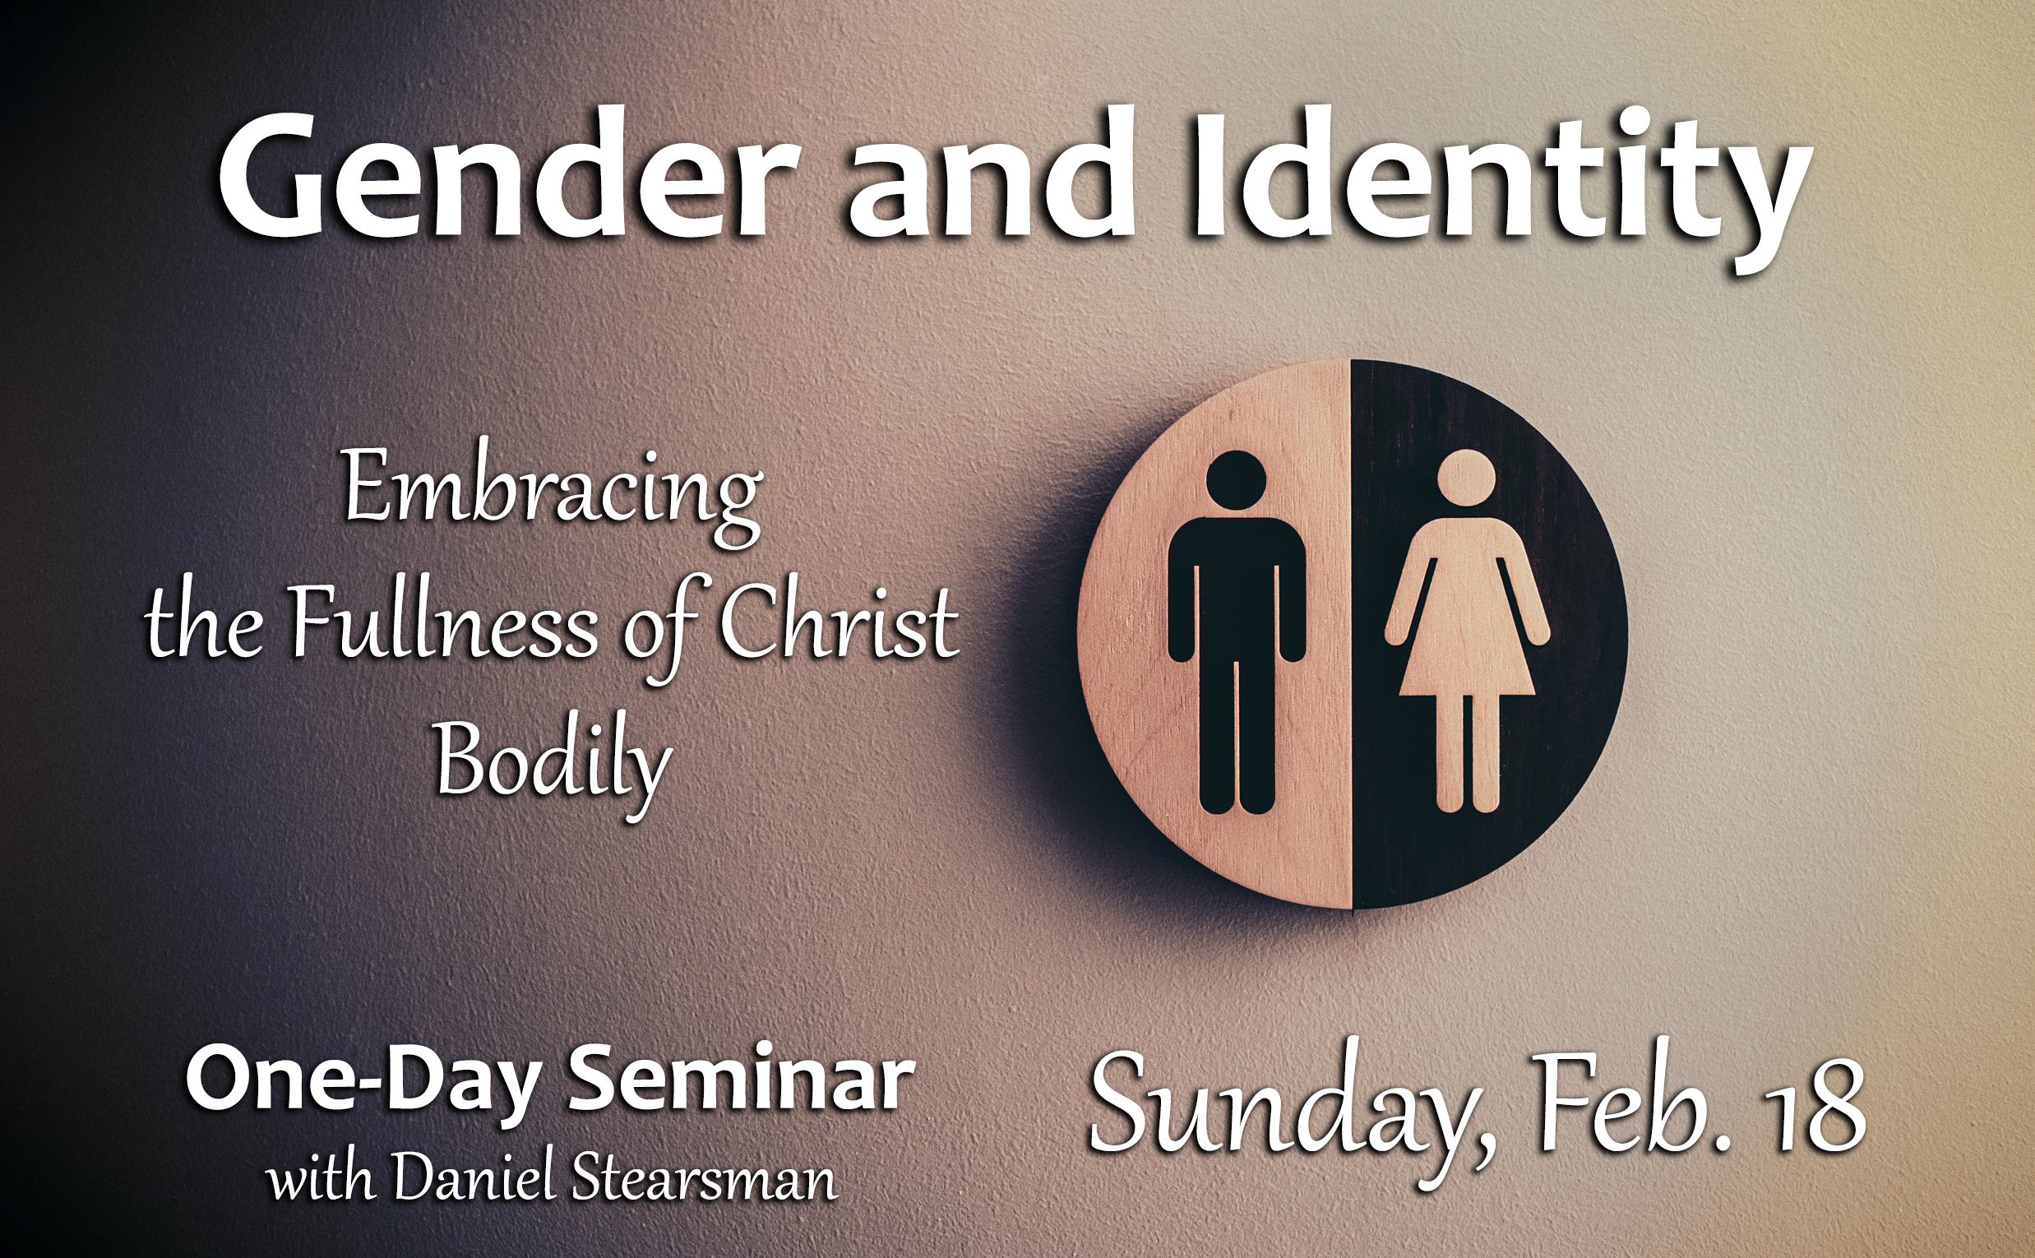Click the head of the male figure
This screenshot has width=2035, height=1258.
(1237, 481)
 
